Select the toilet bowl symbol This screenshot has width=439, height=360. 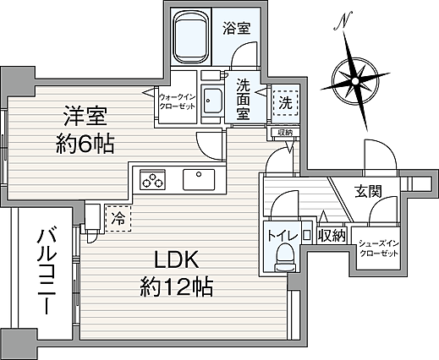pos(284,255)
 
